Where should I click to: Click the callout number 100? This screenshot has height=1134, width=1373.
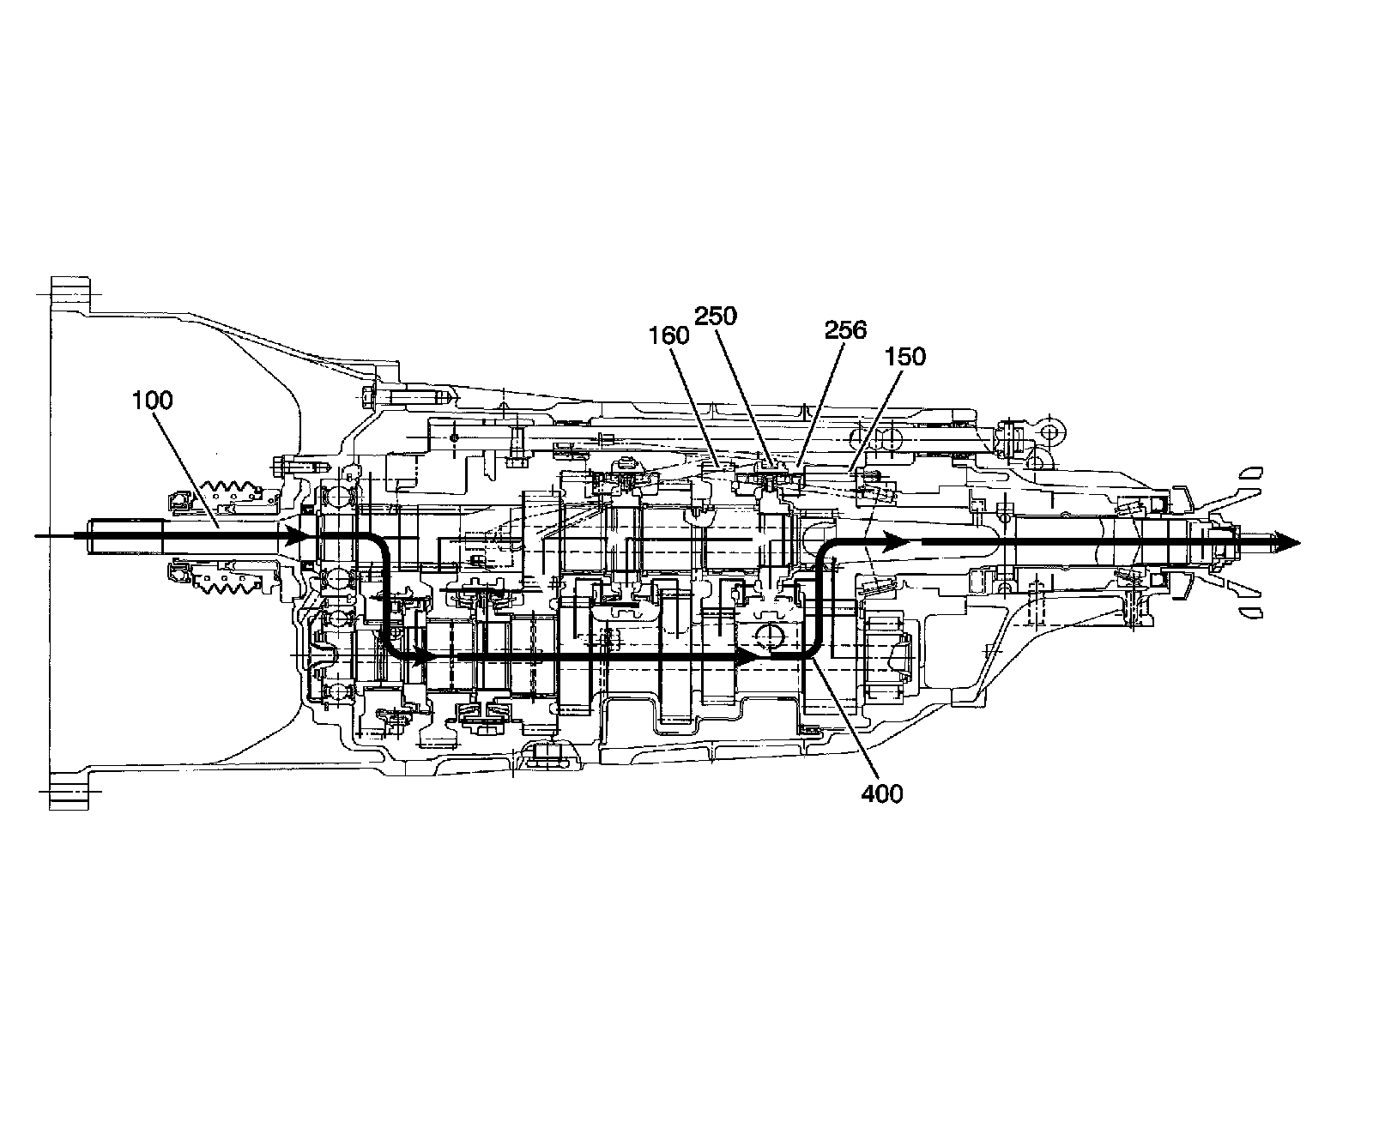click(153, 400)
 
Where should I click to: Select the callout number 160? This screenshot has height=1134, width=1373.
click(670, 335)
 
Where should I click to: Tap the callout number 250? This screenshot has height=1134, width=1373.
click(716, 317)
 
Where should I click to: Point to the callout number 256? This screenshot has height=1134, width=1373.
click(845, 330)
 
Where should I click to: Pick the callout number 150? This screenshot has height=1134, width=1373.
click(906, 356)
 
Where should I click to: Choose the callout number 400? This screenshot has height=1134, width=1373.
click(882, 794)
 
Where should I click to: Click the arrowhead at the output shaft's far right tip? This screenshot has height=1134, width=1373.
click(1286, 542)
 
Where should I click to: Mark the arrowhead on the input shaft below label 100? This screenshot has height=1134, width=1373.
click(297, 537)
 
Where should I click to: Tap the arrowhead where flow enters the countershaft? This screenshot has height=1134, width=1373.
click(421, 657)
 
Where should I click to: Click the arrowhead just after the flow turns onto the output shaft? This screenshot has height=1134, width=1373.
click(896, 542)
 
